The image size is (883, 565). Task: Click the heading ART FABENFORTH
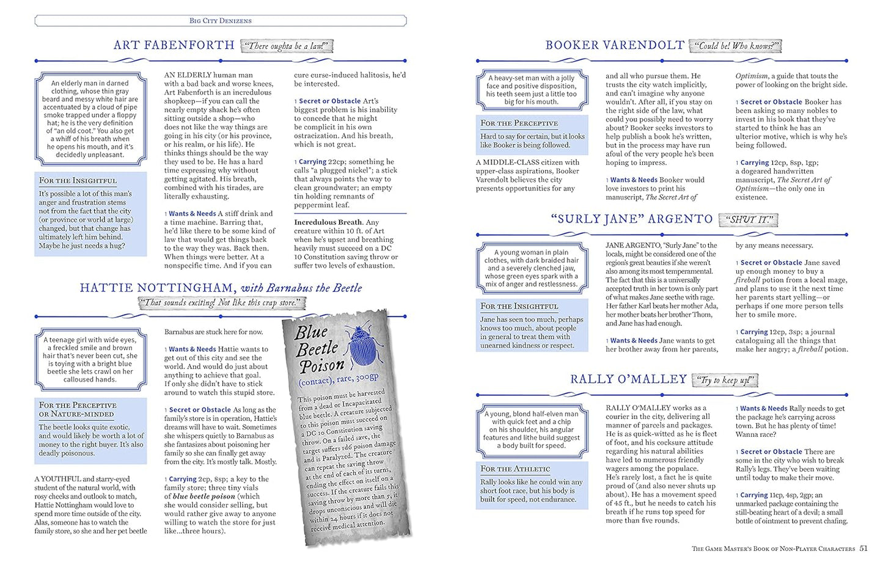pos(174,45)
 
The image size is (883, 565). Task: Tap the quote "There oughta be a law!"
pos(287,46)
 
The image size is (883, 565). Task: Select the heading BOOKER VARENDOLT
pos(614,45)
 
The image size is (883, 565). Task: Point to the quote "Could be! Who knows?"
pos(736,46)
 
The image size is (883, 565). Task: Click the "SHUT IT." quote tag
pos(749,219)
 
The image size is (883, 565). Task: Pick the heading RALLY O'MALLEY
pos(628,379)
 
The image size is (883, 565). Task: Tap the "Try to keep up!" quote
pos(725,381)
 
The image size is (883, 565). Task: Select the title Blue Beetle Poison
pos(321,349)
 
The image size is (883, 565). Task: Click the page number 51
pos(863,548)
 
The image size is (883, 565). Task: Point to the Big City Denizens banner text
pos(221,21)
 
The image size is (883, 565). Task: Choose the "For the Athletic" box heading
pos(515,468)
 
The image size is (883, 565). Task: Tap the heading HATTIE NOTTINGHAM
pos(157,288)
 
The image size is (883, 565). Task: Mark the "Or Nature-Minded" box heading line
pos(76,414)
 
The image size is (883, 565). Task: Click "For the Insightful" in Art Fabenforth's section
pos(78,181)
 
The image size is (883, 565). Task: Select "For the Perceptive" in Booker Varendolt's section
pos(519,123)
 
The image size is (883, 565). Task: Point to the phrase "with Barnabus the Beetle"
pos(301,288)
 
